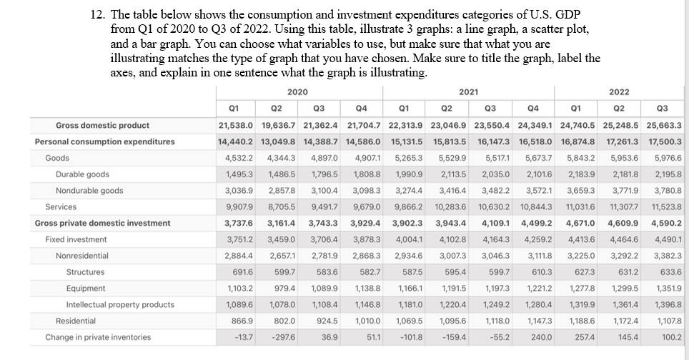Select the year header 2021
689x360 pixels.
(467, 91)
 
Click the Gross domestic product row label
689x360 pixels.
(103, 125)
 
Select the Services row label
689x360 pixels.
(61, 206)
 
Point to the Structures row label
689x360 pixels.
(85, 271)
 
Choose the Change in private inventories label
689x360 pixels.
(98, 336)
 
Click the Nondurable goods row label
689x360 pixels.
(89, 191)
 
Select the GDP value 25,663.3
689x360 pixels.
(664, 125)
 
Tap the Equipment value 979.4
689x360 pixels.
(284, 288)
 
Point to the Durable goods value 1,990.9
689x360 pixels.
(410, 174)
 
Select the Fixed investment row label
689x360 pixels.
(76, 239)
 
